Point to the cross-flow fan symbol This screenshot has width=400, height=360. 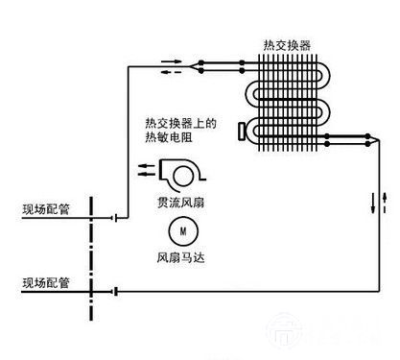point(176,176)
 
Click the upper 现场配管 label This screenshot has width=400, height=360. point(45,208)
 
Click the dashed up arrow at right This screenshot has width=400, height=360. point(384,204)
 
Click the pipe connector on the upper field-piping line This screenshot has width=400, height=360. point(114,218)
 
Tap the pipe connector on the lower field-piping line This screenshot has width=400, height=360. point(114,291)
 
